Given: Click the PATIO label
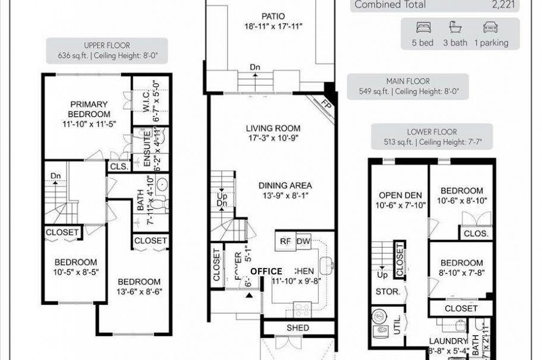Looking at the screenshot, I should click(x=273, y=16).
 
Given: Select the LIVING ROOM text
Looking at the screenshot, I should click(x=273, y=128).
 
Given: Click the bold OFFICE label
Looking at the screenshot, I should click(x=266, y=271).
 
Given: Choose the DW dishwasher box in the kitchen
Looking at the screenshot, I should click(x=303, y=241).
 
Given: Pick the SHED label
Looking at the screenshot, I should click(x=298, y=328).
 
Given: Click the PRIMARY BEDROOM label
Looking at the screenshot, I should click(x=89, y=109).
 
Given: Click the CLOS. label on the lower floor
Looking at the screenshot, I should click(x=476, y=233).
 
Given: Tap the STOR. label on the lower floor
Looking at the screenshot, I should click(x=388, y=292).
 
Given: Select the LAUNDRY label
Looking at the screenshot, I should click(x=447, y=341).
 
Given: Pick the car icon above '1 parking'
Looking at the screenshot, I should click(x=490, y=28).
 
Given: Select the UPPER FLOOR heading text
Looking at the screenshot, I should click(x=107, y=45).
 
